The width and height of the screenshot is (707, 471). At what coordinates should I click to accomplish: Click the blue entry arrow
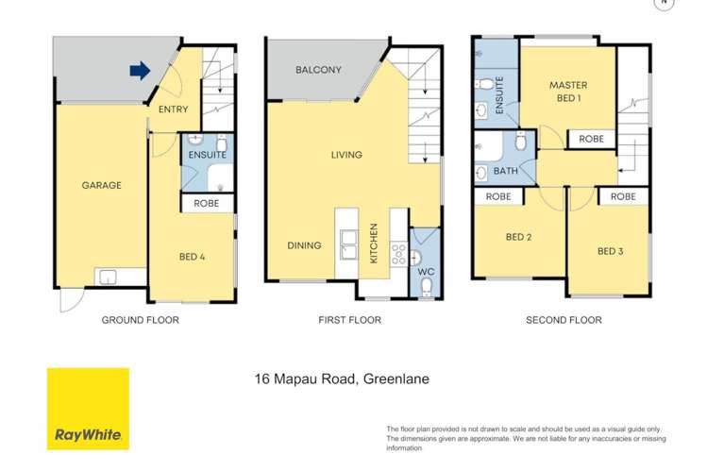pyautogui.click(x=139, y=71)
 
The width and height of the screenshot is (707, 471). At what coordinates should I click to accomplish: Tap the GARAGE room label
pyautogui.click(x=101, y=185)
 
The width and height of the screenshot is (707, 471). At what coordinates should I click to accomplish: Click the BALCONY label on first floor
pyautogui.click(x=318, y=71)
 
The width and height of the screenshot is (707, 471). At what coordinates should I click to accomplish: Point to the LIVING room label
pyautogui.click(x=346, y=155)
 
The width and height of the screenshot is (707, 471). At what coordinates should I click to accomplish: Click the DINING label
pyautogui.click(x=304, y=245)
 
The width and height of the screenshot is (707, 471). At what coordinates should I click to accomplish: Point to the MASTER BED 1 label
pyautogui.click(x=568, y=92)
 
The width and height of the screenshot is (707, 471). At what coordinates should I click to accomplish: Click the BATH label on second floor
pyautogui.click(x=505, y=172)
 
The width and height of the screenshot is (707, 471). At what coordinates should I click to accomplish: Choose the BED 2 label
pyautogui.click(x=518, y=237)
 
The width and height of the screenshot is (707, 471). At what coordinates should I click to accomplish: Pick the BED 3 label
pyautogui.click(x=611, y=251)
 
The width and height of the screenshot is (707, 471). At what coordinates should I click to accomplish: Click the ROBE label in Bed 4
pyautogui.click(x=207, y=203)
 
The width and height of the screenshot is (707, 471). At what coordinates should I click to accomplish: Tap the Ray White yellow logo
pyautogui.click(x=88, y=409)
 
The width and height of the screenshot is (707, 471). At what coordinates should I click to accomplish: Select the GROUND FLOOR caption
pyautogui.click(x=140, y=320)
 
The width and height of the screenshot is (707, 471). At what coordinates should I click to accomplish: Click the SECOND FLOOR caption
pyautogui.click(x=564, y=320)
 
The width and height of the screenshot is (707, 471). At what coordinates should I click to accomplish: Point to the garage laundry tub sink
pyautogui.click(x=108, y=277)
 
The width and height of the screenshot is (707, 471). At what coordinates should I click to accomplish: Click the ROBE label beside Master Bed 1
pyautogui.click(x=591, y=139)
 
